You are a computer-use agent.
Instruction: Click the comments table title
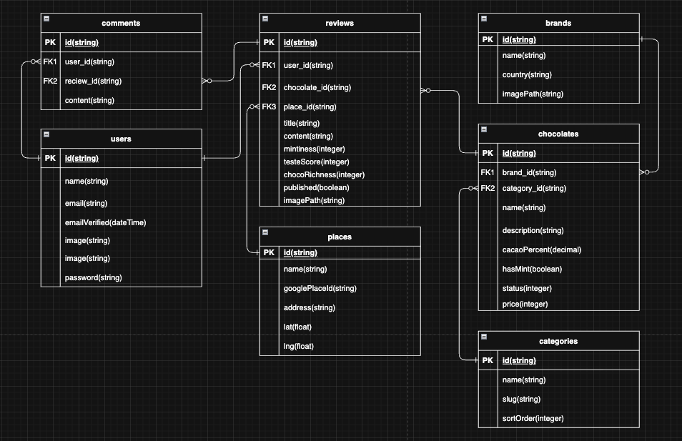[121, 23]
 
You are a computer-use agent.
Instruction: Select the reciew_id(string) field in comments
[93, 81]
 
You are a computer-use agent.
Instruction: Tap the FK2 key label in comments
[50, 81]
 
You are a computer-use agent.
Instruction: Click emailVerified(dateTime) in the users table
[105, 222]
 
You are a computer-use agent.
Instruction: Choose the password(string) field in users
[93, 277]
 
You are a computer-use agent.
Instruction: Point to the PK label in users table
[50, 158]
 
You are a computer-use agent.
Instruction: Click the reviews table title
[340, 23]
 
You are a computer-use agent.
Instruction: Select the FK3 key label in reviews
[269, 106]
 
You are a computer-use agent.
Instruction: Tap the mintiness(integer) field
[314, 149]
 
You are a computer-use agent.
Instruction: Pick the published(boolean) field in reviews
[316, 187]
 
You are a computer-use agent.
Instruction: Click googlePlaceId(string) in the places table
[320, 288]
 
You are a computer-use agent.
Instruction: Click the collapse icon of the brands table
[485, 18]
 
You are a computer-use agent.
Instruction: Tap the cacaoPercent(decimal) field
[541, 249]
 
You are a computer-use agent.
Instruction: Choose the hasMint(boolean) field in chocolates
[532, 269]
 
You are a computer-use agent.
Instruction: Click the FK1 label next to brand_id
[488, 172]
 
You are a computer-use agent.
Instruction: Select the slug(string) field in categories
[521, 399]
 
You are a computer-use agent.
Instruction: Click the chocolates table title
[558, 133]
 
